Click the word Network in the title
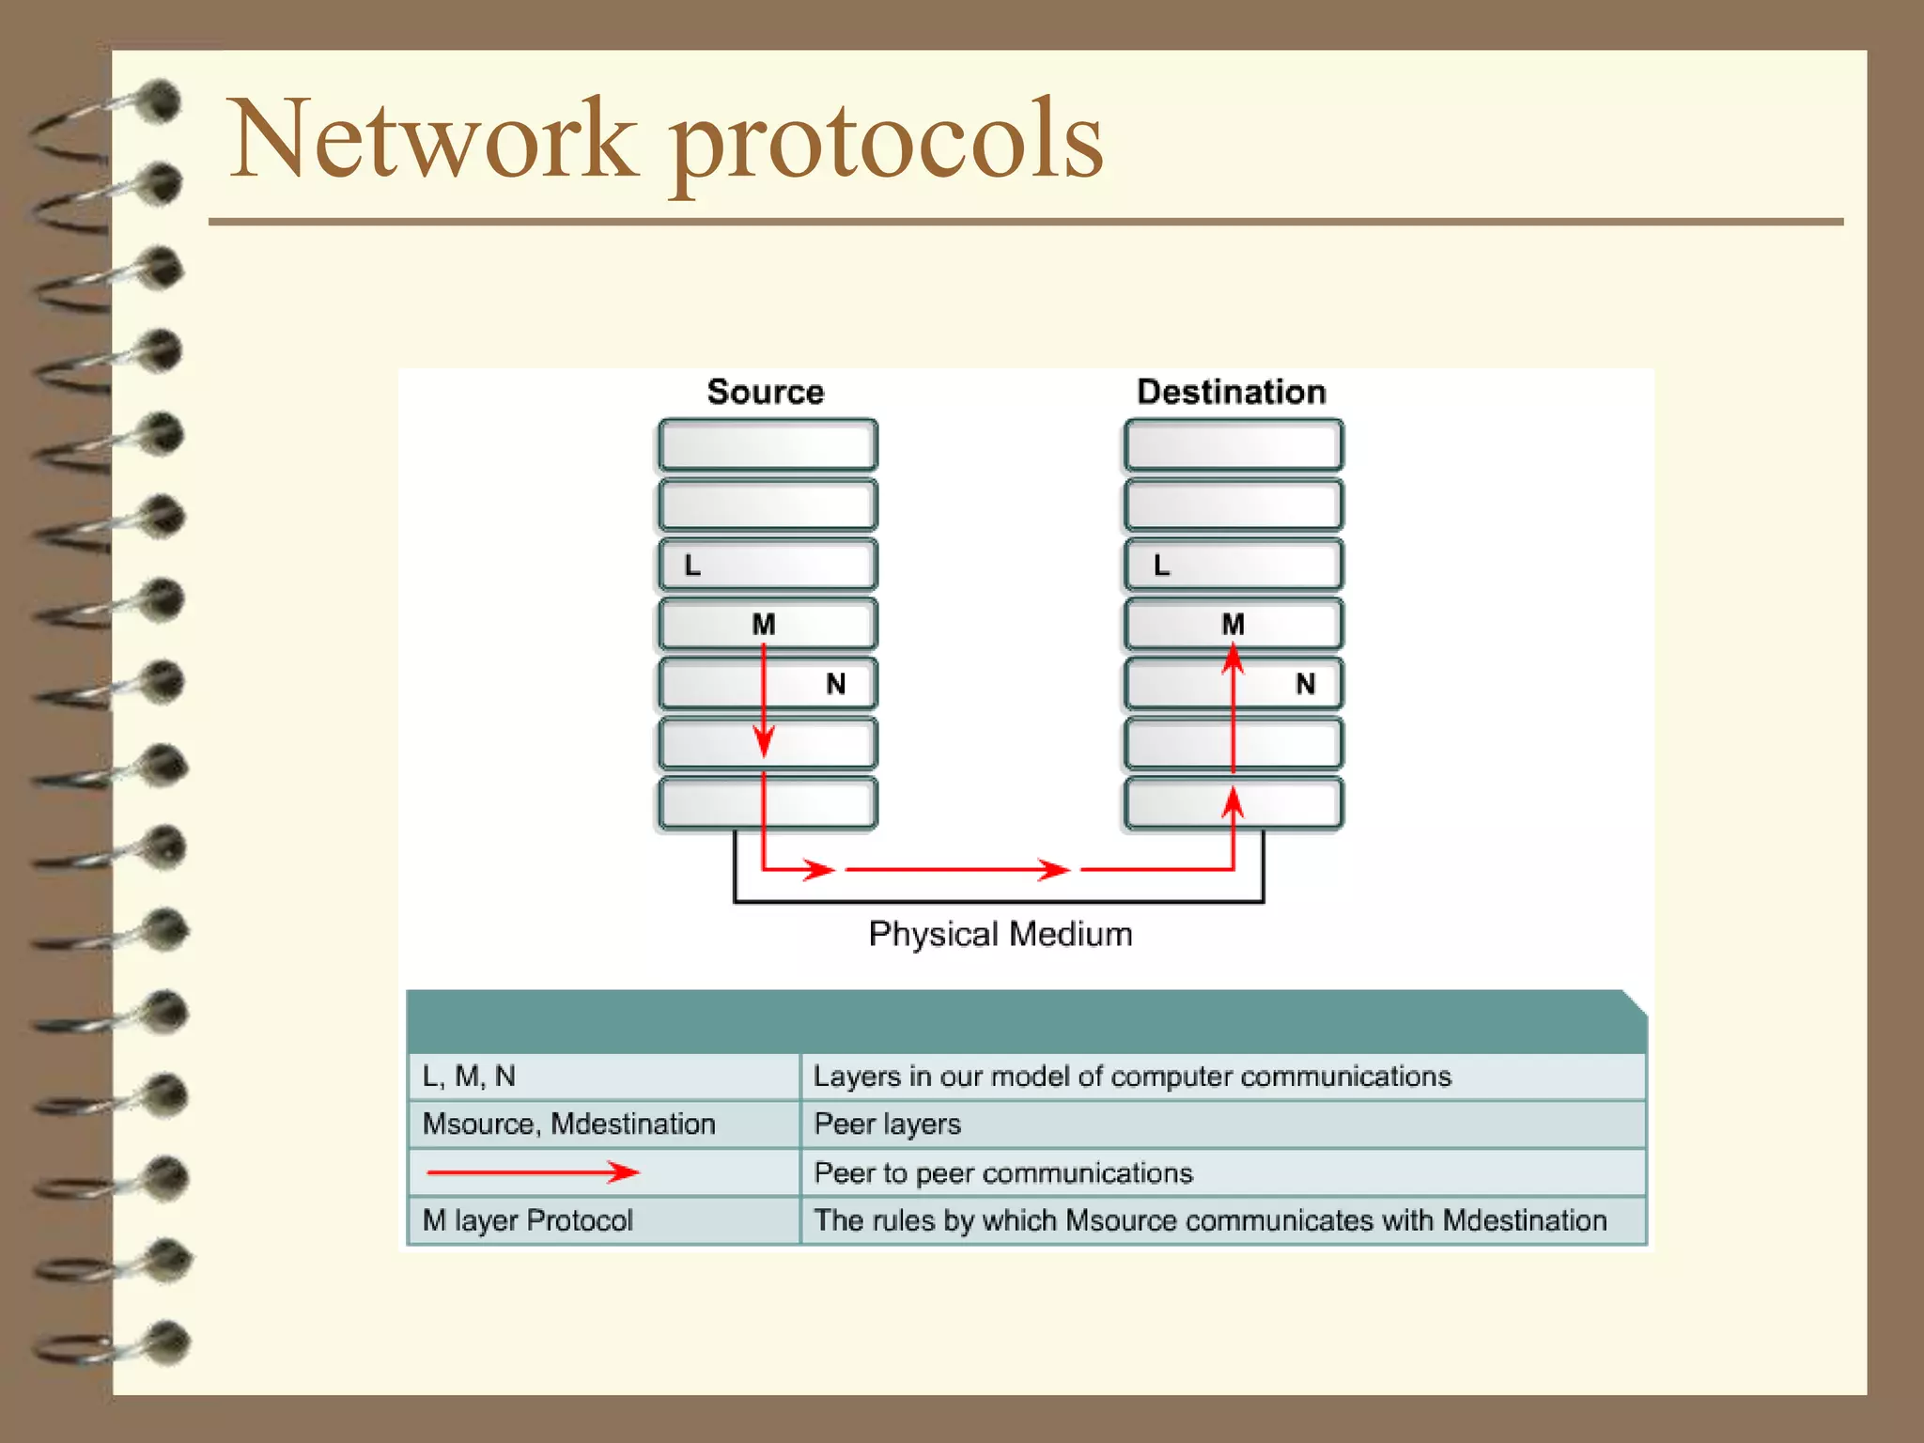pyautogui.click(x=432, y=139)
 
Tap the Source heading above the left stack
pyautogui.click(x=765, y=392)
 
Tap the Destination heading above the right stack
pyautogui.click(x=1231, y=392)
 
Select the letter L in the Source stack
pyautogui.click(x=692, y=566)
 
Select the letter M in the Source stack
pyautogui.click(x=764, y=625)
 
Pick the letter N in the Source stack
pyautogui.click(x=835, y=684)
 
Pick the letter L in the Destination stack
pyautogui.click(x=1161, y=566)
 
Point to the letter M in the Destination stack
pyautogui.click(x=1233, y=625)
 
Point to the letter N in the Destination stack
pyautogui.click(x=1305, y=684)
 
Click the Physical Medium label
pyautogui.click(x=1000, y=934)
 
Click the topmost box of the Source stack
pyautogui.click(x=768, y=444)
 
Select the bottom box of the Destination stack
pyautogui.click(x=1234, y=803)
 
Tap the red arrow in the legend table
pyautogui.click(x=533, y=1171)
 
